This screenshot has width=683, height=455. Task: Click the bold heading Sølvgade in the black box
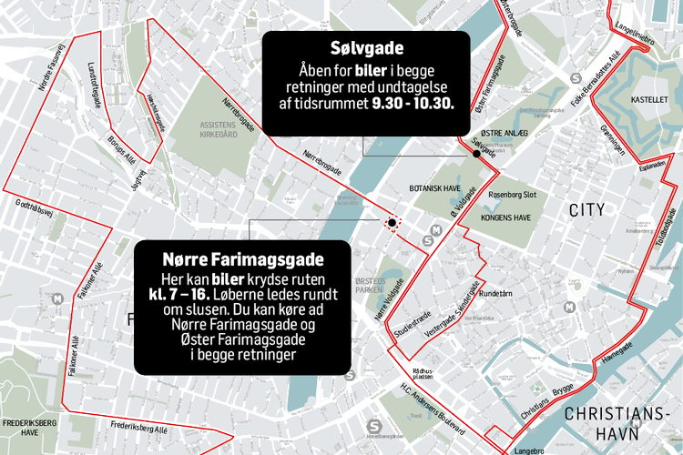pos(366,48)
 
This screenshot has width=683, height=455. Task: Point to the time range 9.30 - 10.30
pos(419,103)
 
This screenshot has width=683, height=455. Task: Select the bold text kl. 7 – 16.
pos(187,296)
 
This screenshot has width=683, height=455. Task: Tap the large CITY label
pos(586,210)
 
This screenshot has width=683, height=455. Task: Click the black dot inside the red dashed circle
pos(392,222)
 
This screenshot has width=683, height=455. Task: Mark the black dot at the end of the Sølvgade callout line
pos(475,154)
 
